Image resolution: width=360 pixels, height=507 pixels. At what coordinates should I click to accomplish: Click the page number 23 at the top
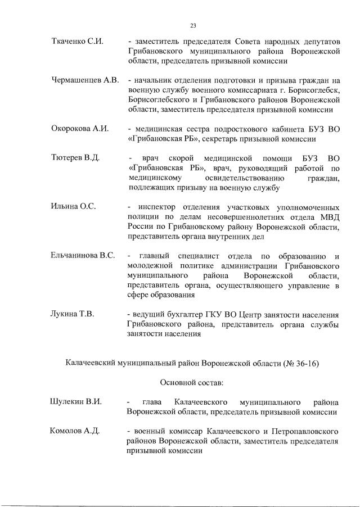click(x=192, y=25)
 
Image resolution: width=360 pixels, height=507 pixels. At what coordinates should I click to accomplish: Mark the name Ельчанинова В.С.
click(x=83, y=255)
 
